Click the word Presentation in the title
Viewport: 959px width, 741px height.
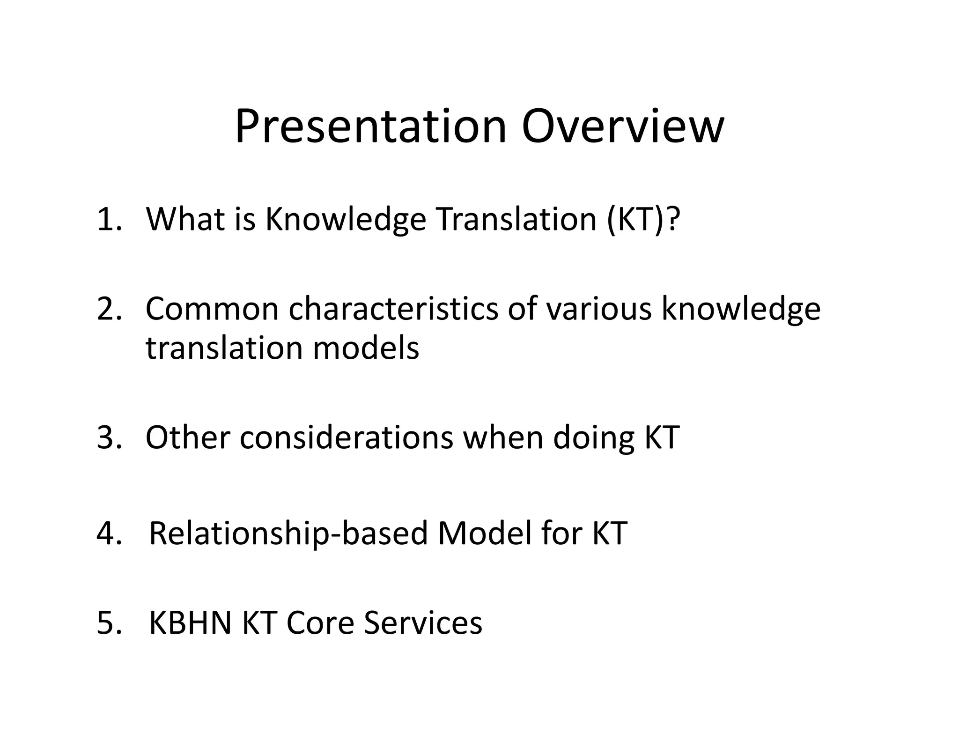coord(370,126)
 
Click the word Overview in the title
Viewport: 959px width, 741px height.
coord(623,126)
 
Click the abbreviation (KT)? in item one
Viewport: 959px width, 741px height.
coord(642,219)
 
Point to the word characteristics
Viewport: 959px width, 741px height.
coord(393,309)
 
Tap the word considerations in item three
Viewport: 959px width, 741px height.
coord(347,438)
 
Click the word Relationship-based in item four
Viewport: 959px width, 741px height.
coord(288,533)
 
